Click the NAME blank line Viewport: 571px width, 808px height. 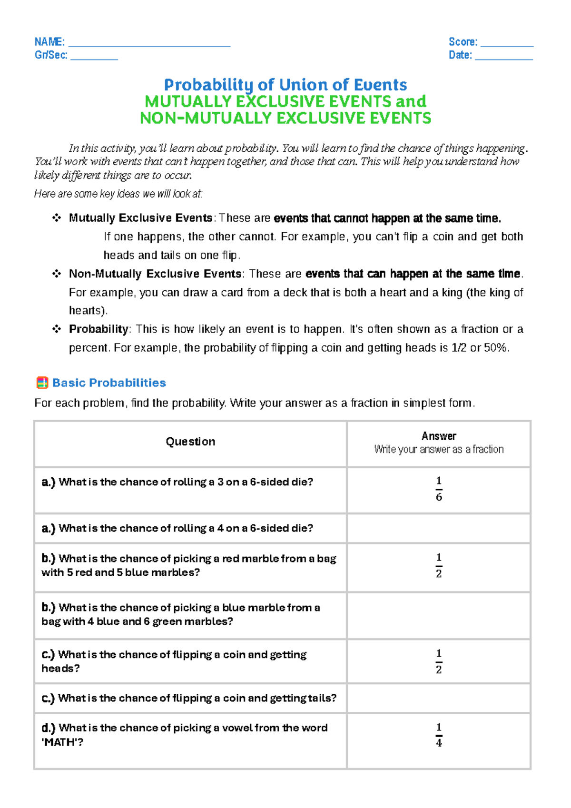coord(149,44)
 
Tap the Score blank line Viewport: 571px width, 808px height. coord(507,44)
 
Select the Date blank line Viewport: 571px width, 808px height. coord(504,57)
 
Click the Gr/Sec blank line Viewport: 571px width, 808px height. coord(94,57)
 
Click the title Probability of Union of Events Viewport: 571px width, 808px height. coord(285,85)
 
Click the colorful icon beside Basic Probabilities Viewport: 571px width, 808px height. coord(42,383)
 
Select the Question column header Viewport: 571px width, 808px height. coord(190,442)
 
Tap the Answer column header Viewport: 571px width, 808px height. coord(438,436)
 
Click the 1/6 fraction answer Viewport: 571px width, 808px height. coord(439,489)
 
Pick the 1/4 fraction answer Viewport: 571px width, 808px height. coord(439,735)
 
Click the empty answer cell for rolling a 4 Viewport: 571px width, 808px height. coord(439,528)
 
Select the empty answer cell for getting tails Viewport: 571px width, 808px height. coord(439,698)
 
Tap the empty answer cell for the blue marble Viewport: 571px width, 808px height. coord(439,615)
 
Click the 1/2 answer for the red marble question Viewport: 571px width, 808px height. coord(439,565)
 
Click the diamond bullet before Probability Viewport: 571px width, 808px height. coord(57,329)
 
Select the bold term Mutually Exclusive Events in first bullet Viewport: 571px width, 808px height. coord(140,218)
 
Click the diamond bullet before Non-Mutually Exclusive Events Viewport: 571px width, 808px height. coord(57,274)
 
